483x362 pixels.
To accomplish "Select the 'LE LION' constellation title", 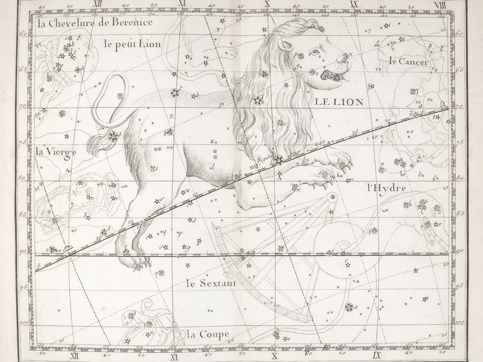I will (x=339, y=102).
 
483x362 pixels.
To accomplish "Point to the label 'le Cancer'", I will (x=408, y=61).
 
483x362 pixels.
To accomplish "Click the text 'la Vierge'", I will (x=56, y=151).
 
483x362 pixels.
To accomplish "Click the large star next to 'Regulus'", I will (x=278, y=160).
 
